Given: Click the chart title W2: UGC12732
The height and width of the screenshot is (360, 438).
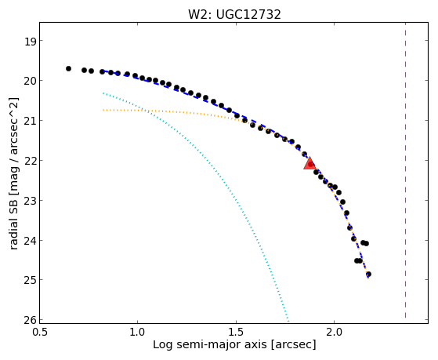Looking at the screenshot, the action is coord(234,15).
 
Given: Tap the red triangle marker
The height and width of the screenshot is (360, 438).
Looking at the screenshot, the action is coord(309,164).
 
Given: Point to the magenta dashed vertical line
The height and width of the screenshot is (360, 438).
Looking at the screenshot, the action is coord(405,171).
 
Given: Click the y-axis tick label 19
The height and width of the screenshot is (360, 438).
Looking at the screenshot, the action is coord(31,41).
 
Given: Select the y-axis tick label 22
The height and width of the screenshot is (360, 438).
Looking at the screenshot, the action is coord(31,161).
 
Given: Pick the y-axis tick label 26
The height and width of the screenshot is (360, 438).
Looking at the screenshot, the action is coord(31,320).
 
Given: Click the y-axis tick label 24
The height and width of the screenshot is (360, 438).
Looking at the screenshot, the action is coord(31,240).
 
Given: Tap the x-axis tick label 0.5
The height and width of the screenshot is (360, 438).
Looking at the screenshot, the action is coord(39,332).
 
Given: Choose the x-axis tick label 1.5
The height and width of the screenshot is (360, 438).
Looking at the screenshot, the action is coord(237,332).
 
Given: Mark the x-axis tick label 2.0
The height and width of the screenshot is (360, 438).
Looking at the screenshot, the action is coord(335,332).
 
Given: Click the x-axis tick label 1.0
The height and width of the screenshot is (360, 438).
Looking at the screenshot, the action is coord(137,332).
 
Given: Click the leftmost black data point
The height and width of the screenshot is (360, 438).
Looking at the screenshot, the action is coord(68,68).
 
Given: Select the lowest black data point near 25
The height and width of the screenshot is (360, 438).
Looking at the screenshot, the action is coord(369,275).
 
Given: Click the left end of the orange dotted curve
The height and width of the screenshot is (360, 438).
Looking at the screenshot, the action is coord(103,111).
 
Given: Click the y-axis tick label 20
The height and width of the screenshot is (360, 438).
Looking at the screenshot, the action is coord(31,81).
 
